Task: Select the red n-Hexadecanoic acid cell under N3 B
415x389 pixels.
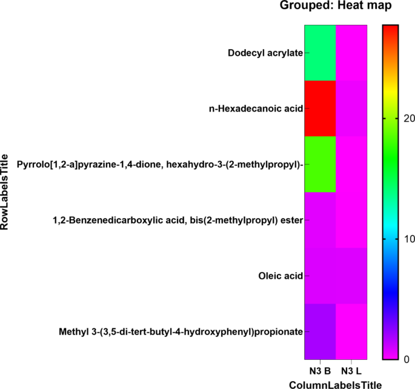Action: (319, 108)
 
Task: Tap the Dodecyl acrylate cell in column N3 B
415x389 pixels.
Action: (319, 53)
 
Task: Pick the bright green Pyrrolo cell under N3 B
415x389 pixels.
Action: (319, 164)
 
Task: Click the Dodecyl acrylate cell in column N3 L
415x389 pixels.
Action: (351, 53)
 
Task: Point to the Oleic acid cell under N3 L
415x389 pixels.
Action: (351, 276)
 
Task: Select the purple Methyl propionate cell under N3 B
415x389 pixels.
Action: (319, 331)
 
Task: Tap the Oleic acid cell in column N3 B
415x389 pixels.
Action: (319, 276)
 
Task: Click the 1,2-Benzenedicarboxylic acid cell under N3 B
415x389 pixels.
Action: (319, 220)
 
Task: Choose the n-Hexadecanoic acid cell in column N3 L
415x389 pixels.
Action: (351, 108)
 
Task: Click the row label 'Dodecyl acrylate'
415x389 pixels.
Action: (265, 53)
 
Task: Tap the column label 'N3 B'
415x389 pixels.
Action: (319, 370)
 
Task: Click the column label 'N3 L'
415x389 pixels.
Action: (350, 370)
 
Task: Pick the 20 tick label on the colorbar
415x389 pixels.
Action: (408, 119)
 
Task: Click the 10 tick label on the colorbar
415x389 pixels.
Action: (408, 239)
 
